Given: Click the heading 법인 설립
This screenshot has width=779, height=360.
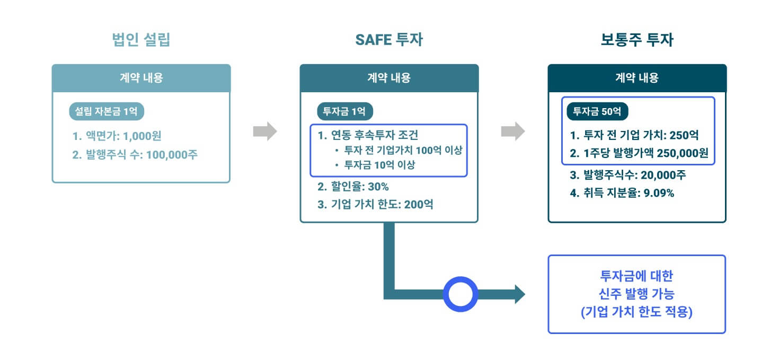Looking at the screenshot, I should pyautogui.click(x=141, y=40).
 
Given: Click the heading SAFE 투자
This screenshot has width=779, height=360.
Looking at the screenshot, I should pyautogui.click(x=389, y=40).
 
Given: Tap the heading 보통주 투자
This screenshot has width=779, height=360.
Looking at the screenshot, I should pyautogui.click(x=637, y=40).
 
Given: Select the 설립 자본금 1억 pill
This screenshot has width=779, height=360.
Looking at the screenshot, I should pyautogui.click(x=107, y=112).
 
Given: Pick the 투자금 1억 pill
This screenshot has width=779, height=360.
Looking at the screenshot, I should pyautogui.click(x=344, y=112).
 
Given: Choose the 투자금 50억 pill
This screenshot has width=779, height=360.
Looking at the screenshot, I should pyautogui.click(x=597, y=112).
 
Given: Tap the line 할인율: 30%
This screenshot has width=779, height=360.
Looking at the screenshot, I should pyautogui.click(x=353, y=187).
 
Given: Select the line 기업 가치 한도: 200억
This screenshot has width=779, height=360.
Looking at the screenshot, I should pyautogui.click(x=375, y=204).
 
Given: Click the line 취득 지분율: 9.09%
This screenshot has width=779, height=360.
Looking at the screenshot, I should pyautogui.click(x=622, y=193).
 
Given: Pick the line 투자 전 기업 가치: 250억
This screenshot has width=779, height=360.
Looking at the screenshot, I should pyautogui.click(x=634, y=135).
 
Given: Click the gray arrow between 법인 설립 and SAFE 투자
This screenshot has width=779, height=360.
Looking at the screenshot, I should pyautogui.click(x=265, y=131).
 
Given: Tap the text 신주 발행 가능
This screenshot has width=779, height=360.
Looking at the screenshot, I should pyautogui.click(x=636, y=294).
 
